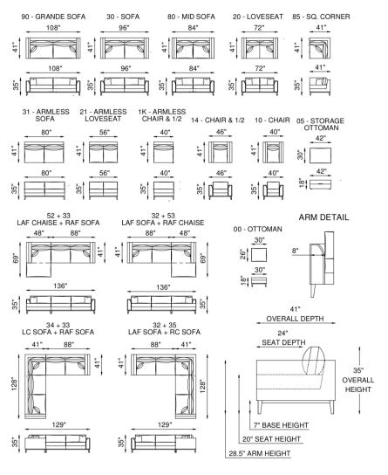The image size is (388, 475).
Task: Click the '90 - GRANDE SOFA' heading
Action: coord(53,17)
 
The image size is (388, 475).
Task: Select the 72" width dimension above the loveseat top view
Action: coord(259,28)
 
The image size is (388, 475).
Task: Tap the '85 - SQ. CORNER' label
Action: coord(321,17)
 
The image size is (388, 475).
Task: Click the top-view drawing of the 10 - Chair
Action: coord(273,152)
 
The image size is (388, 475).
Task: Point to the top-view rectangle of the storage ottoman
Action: coord(320,155)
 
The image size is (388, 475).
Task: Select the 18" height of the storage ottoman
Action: coord(302,182)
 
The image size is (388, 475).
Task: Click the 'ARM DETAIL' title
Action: coord(323,217)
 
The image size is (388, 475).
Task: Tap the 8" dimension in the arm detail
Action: coord(295,251)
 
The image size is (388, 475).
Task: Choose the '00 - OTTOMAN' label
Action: coord(257,229)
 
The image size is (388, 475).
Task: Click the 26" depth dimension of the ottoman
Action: coord(243,254)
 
